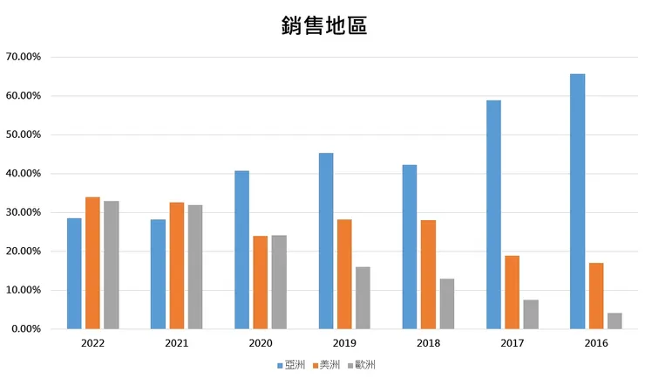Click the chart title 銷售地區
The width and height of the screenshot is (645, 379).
coord(323,25)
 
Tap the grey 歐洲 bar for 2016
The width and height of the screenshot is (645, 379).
coord(614,320)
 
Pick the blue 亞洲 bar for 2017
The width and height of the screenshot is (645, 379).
coord(493,215)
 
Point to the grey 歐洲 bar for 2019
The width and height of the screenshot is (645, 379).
coord(363,298)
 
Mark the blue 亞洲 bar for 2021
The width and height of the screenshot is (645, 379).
coord(158,274)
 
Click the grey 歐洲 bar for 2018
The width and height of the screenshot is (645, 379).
coord(446,304)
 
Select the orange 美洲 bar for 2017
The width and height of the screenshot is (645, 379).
coord(512,292)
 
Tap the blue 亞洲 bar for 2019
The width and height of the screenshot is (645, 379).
coord(326,241)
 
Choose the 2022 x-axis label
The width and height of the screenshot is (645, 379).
coord(92,344)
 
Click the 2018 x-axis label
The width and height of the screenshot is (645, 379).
coord(428,344)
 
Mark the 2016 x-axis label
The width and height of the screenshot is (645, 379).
coord(596,344)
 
